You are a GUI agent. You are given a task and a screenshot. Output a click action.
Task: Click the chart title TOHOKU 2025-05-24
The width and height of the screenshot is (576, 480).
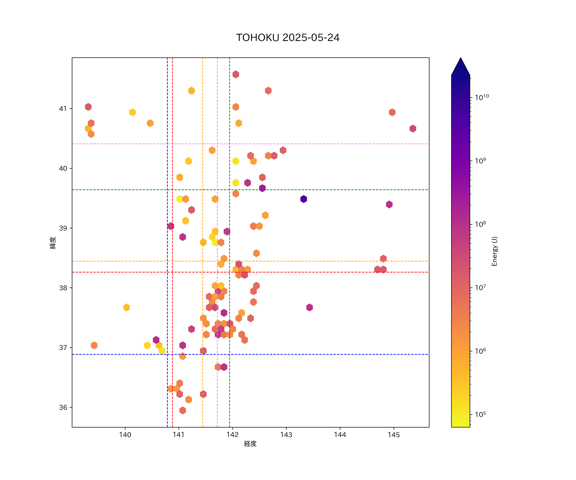coord(288,38)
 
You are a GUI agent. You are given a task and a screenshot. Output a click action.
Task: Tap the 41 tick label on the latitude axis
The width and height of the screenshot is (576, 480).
coord(63,109)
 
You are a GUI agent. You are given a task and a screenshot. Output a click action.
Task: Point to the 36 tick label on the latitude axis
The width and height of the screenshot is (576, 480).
coord(63,407)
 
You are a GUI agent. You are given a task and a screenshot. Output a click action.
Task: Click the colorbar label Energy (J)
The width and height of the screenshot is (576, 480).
coord(494,251)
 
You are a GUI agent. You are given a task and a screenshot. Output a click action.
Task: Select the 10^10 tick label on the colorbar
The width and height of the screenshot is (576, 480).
coord(482,97)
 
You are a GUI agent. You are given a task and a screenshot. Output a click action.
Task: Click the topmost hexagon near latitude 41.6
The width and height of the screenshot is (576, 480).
coord(236,74)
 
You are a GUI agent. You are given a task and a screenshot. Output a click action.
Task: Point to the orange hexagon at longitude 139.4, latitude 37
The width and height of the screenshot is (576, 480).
coord(94,345)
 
